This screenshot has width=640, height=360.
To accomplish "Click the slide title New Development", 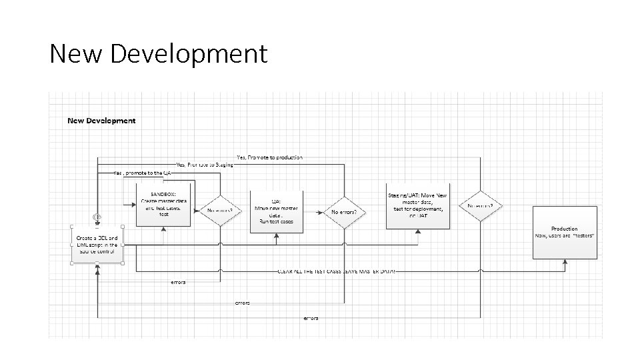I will (x=158, y=53).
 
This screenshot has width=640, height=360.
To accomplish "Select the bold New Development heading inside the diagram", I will (x=101, y=121).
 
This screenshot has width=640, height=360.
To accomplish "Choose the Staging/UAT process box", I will (x=419, y=205).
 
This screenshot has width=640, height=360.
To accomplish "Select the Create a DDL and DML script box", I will (x=97, y=244).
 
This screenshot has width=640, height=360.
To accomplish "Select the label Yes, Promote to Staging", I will (x=205, y=164).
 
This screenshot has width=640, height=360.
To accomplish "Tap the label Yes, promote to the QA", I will (x=143, y=173).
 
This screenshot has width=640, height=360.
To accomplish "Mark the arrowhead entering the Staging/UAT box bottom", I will (x=419, y=231).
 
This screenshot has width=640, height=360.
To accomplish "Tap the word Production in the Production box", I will (x=564, y=229).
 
